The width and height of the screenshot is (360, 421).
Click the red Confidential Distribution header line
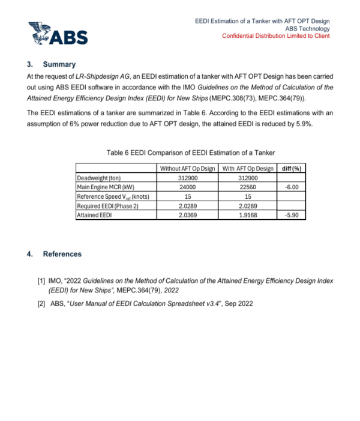[275, 36]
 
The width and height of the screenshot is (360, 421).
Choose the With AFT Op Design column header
[247, 168]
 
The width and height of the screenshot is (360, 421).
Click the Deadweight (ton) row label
[100, 178]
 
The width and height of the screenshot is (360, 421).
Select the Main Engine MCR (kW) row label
[104, 187]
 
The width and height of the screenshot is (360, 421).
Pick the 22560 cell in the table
[247, 187]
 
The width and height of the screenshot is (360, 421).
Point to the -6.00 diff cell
[292, 187]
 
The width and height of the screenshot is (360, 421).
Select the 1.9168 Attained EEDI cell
[247, 214]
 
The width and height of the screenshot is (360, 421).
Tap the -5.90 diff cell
[292, 214]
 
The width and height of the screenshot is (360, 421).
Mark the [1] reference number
[41, 280]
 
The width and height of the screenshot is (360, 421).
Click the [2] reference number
[41, 303]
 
